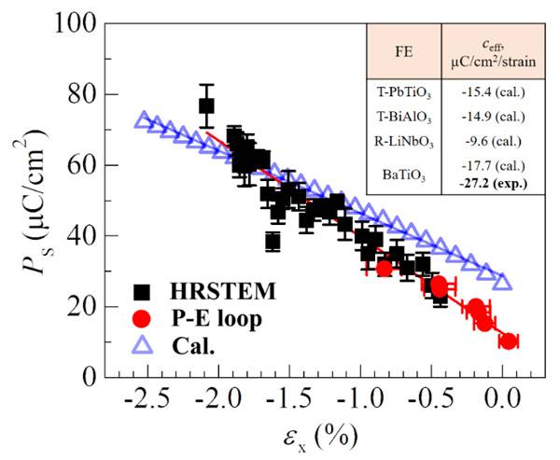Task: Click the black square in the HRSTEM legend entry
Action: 143,292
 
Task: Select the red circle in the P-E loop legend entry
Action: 143,319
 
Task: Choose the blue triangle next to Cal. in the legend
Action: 143,346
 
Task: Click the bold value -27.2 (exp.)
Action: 500,183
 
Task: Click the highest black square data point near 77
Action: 206,105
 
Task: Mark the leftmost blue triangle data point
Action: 143,120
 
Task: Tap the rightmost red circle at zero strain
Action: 508,342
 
